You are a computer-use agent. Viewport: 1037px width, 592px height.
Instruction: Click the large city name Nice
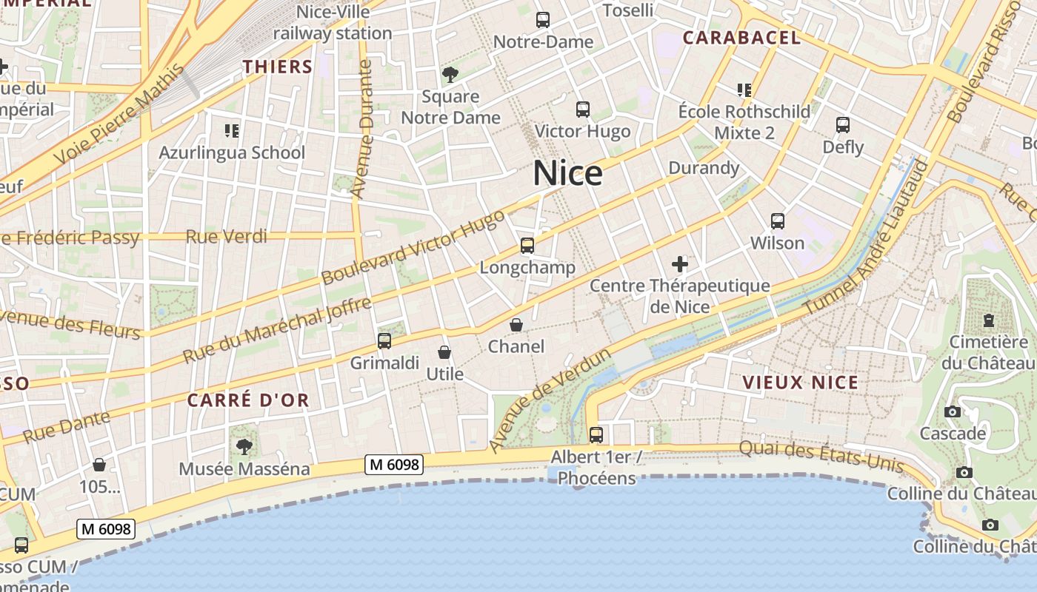point(567,173)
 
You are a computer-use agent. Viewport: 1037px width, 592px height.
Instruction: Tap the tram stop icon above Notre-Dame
point(543,20)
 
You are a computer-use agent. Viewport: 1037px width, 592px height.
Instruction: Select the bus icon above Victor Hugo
point(583,110)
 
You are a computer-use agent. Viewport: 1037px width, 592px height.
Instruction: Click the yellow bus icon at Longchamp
point(527,246)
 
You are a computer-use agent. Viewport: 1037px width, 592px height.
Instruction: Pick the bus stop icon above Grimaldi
point(384,341)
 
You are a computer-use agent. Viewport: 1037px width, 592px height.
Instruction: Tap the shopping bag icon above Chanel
point(516,325)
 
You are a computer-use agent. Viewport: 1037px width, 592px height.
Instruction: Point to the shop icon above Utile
point(444,352)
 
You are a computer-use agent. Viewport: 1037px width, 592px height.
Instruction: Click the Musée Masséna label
point(244,469)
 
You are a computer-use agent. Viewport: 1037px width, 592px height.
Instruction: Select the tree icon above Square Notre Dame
point(450,74)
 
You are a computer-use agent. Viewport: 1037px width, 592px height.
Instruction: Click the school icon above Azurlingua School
point(232,131)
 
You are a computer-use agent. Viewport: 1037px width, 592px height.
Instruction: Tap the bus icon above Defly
point(843,125)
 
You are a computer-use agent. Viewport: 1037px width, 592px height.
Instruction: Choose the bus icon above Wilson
point(777,221)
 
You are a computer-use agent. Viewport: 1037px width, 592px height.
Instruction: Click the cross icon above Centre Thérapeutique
point(679,263)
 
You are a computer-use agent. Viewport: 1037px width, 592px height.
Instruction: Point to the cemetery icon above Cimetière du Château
point(988,320)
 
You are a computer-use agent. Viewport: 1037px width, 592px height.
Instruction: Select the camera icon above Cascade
point(953,411)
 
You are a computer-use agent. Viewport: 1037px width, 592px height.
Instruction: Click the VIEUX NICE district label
point(800,383)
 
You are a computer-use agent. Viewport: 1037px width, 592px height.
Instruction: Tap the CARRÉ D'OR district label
point(248,400)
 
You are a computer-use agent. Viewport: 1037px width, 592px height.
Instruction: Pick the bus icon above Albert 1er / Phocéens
point(596,434)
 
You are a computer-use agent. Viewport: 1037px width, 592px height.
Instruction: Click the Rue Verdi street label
point(226,237)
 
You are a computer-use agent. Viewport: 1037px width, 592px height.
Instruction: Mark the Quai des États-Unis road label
point(821,455)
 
